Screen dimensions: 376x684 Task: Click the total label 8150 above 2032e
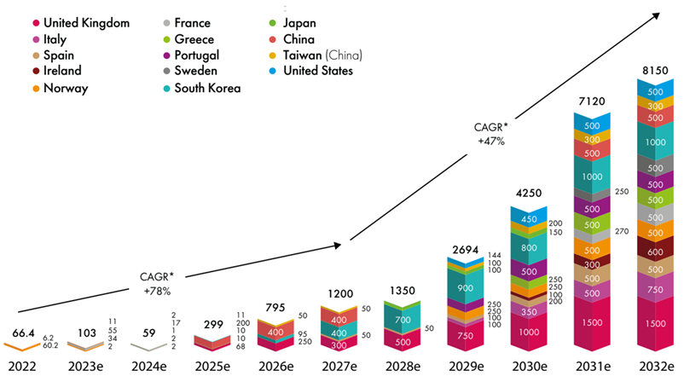655,68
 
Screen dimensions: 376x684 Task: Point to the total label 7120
591,101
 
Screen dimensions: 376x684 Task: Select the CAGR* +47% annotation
490,133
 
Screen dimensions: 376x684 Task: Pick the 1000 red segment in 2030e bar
527,333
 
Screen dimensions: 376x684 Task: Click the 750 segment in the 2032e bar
655,290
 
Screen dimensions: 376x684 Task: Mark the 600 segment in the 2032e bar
655,252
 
